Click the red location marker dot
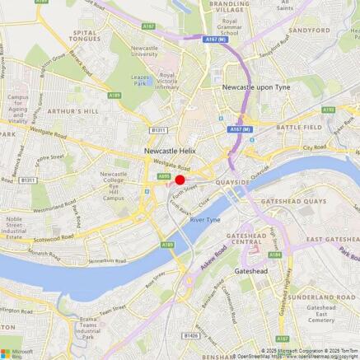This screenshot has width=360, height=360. coord(180,180)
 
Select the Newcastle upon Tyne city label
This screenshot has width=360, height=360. coord(259,86)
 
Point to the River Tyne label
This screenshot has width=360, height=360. coord(205,221)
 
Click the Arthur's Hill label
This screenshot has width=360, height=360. coord(72,110)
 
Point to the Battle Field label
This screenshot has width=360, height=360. coord(299,128)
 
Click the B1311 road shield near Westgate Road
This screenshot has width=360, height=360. coord(158,129)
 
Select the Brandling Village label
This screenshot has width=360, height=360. coord(229,7)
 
